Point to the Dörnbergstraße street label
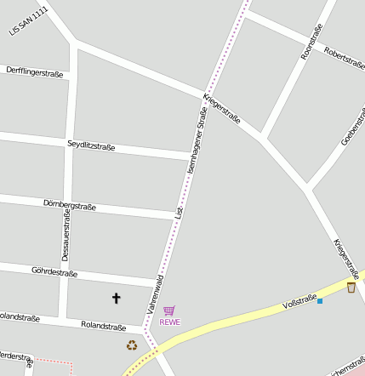[x=70, y=205]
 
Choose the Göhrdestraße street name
[x=54, y=273]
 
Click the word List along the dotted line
[x=179, y=208]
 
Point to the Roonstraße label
[x=312, y=42]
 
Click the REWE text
[x=169, y=322]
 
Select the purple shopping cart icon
[x=168, y=310]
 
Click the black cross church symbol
[x=117, y=297]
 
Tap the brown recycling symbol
[x=132, y=345]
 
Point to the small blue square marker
[x=320, y=300]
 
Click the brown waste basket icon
[x=351, y=288]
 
